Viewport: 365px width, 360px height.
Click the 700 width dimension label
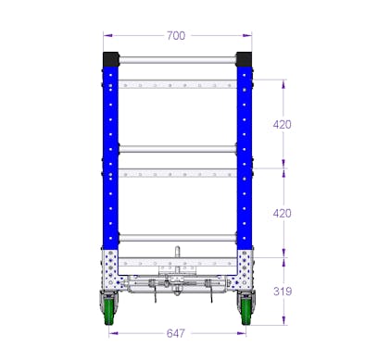pos(176,35)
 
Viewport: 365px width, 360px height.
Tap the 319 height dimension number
pos(283,292)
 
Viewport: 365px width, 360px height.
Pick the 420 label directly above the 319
pos(283,214)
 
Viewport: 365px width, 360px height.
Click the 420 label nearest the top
pos(283,123)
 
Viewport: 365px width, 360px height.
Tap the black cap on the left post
pos(110,57)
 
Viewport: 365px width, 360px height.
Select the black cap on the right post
pos(244,57)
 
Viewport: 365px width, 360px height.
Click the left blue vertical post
pos(111,157)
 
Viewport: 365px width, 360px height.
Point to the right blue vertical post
pos(244,157)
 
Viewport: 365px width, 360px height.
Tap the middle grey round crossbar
pos(177,148)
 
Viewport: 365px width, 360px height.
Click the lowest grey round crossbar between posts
pos(177,239)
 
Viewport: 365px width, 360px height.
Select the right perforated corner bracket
pos(243,267)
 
